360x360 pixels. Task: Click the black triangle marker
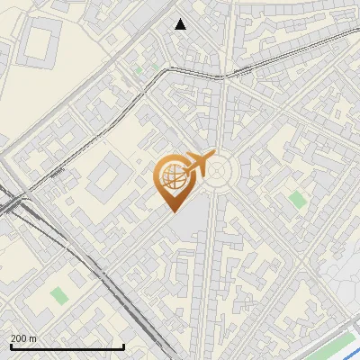180,24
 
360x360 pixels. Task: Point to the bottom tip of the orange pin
173,212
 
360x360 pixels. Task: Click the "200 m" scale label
24,337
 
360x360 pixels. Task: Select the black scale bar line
67,346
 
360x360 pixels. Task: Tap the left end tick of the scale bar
11,346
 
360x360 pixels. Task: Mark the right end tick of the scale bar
123,346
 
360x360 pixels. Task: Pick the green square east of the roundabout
298,200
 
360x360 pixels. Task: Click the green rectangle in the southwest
59,295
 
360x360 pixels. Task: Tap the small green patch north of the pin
139,68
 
